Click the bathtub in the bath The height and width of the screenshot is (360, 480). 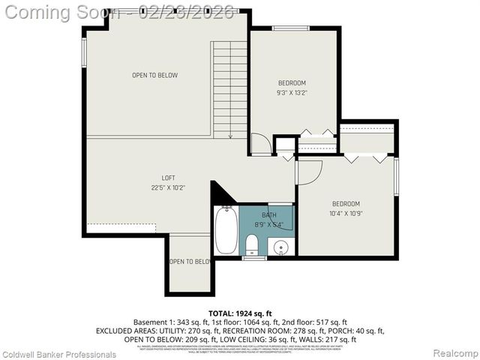[x=226, y=231]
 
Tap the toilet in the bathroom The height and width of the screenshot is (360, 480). [x=252, y=244]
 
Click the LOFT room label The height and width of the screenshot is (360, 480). [x=148, y=178]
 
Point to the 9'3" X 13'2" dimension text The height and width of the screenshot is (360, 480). [x=292, y=93]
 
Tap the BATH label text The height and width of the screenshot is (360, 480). [x=269, y=215]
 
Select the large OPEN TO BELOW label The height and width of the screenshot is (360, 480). [x=155, y=75]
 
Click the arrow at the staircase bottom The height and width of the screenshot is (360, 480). [x=229, y=135]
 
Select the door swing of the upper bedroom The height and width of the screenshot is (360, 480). [x=259, y=144]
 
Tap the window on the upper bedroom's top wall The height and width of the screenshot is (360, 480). [x=291, y=28]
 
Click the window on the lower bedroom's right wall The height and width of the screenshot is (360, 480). [x=396, y=176]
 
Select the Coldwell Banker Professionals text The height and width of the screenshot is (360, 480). [x=58, y=353]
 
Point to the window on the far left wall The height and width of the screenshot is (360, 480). [x=84, y=52]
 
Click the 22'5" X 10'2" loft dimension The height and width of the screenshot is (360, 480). [x=148, y=188]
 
